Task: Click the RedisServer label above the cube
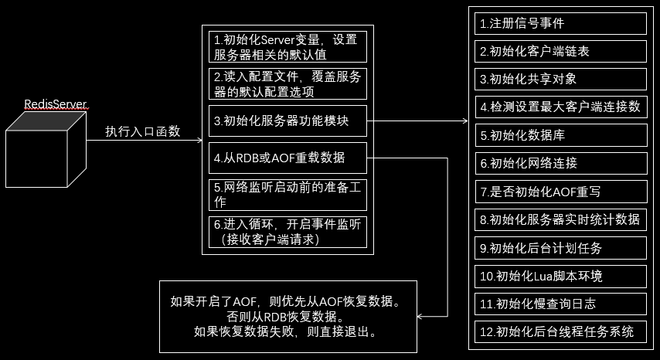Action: pyautogui.click(x=54, y=104)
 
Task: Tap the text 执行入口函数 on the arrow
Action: pyautogui.click(x=143, y=131)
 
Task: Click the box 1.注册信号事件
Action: pyautogui.click(x=560, y=23)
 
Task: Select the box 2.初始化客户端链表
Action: pyautogui.click(x=560, y=51)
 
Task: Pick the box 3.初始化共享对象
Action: pyautogui.click(x=560, y=79)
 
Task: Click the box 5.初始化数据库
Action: pyautogui.click(x=560, y=135)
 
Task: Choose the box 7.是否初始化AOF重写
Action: pyautogui.click(x=560, y=192)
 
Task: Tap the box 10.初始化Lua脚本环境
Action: pyautogui.click(x=560, y=276)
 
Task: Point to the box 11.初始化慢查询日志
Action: pyautogui.click(x=560, y=304)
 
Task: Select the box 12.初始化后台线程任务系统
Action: pyautogui.click(x=560, y=332)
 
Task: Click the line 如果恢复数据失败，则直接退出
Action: pyautogui.click(x=285, y=333)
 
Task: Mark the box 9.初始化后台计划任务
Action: pyautogui.click(x=560, y=248)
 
